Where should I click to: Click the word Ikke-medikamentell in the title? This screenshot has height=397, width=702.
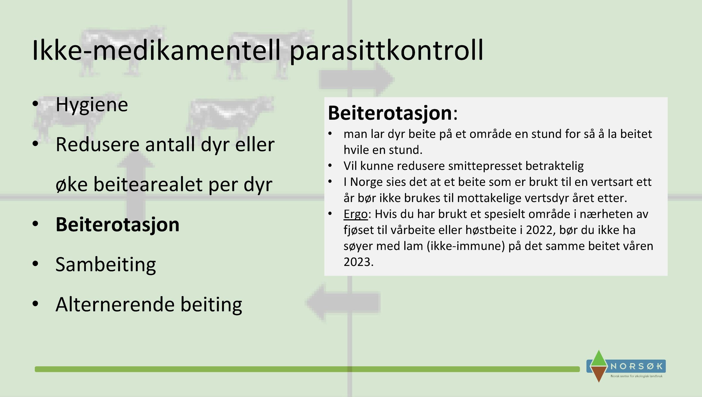pyautogui.click(x=156, y=51)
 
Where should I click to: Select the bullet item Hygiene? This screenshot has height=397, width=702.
pyautogui.click(x=92, y=105)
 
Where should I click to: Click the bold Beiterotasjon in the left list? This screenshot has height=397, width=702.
pyautogui.click(x=117, y=225)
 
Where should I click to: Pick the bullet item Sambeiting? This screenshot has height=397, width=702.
pyautogui.click(x=106, y=265)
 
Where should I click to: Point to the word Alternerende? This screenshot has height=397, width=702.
pyautogui.click(x=115, y=304)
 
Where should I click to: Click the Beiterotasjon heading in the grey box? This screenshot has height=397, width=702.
pyautogui.click(x=390, y=113)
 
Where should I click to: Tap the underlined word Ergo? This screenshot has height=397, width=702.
pyautogui.click(x=355, y=214)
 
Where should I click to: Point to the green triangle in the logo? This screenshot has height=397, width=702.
pyautogui.click(x=599, y=358)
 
